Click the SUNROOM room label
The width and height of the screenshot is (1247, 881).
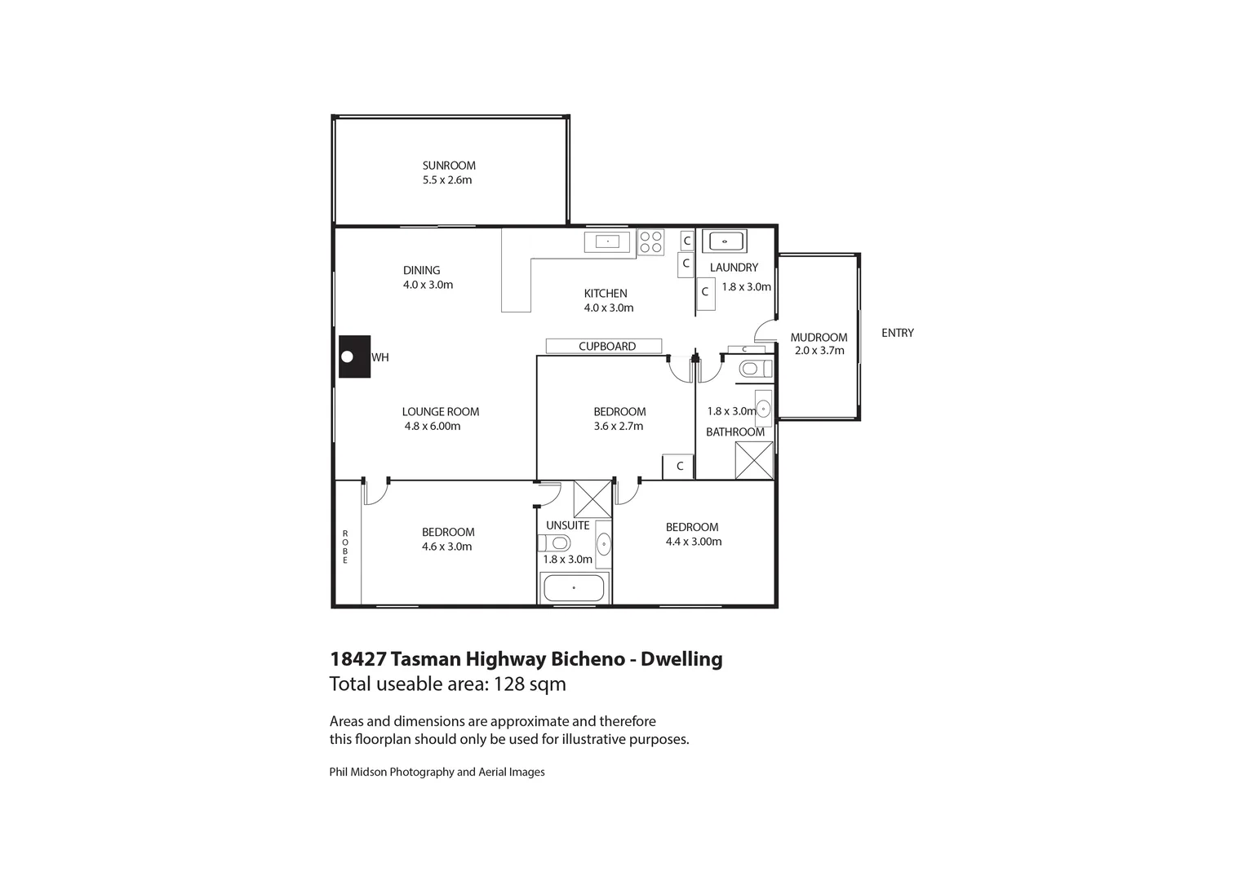[448, 166]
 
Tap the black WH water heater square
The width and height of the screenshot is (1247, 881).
[355, 356]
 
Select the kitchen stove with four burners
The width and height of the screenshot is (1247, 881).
[651, 242]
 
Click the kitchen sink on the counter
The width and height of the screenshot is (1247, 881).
[608, 242]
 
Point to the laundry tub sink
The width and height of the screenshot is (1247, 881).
[724, 241]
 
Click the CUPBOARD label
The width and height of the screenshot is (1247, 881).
[606, 346]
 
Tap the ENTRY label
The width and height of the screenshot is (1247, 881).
[897, 333]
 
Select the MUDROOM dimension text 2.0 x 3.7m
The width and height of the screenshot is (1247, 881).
[819, 351]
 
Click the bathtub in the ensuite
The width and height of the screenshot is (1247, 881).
[574, 587]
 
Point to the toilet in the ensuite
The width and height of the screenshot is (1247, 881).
[554, 543]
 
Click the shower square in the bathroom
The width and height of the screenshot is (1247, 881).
[753, 459]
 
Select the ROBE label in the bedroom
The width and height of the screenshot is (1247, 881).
[345, 547]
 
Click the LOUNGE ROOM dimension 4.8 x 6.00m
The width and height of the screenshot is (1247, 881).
[433, 426]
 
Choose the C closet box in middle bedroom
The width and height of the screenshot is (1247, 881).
[678, 467]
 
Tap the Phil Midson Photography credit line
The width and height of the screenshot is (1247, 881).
[437, 772]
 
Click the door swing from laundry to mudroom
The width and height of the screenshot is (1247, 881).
[765, 330]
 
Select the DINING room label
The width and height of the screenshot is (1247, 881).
[421, 270]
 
